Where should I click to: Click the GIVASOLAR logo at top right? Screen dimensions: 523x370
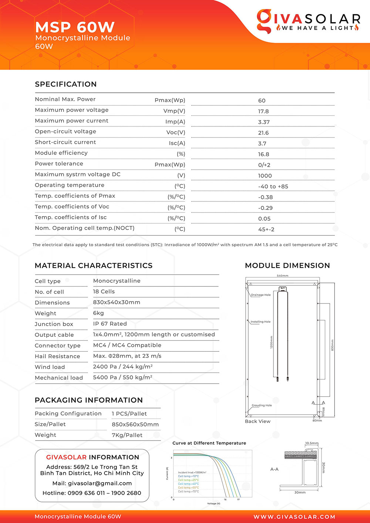[x=308, y=21]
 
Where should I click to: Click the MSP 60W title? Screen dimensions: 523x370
[x=75, y=27]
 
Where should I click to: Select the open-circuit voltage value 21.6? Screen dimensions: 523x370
[x=263, y=133]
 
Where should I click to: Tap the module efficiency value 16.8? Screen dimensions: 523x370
[x=263, y=154]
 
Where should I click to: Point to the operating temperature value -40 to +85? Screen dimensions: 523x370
[x=273, y=186]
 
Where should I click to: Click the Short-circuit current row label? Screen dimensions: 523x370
[x=65, y=142]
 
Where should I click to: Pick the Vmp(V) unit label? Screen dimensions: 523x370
[x=174, y=111]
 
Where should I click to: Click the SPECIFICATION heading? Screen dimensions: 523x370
[x=66, y=84]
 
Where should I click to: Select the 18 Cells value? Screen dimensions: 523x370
[x=104, y=292]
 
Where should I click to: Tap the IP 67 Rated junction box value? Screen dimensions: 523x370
[x=110, y=324]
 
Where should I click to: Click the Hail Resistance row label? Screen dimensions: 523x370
[x=57, y=356]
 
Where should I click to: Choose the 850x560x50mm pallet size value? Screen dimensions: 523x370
[x=135, y=424]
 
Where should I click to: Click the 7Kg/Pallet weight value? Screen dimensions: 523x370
[x=127, y=435]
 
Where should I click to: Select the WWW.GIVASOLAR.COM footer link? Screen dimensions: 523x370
[x=294, y=517]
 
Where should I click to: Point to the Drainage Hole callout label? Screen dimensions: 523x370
[x=261, y=295]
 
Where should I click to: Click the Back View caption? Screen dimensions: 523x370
[x=258, y=421]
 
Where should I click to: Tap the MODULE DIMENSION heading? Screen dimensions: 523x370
[x=287, y=266]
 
